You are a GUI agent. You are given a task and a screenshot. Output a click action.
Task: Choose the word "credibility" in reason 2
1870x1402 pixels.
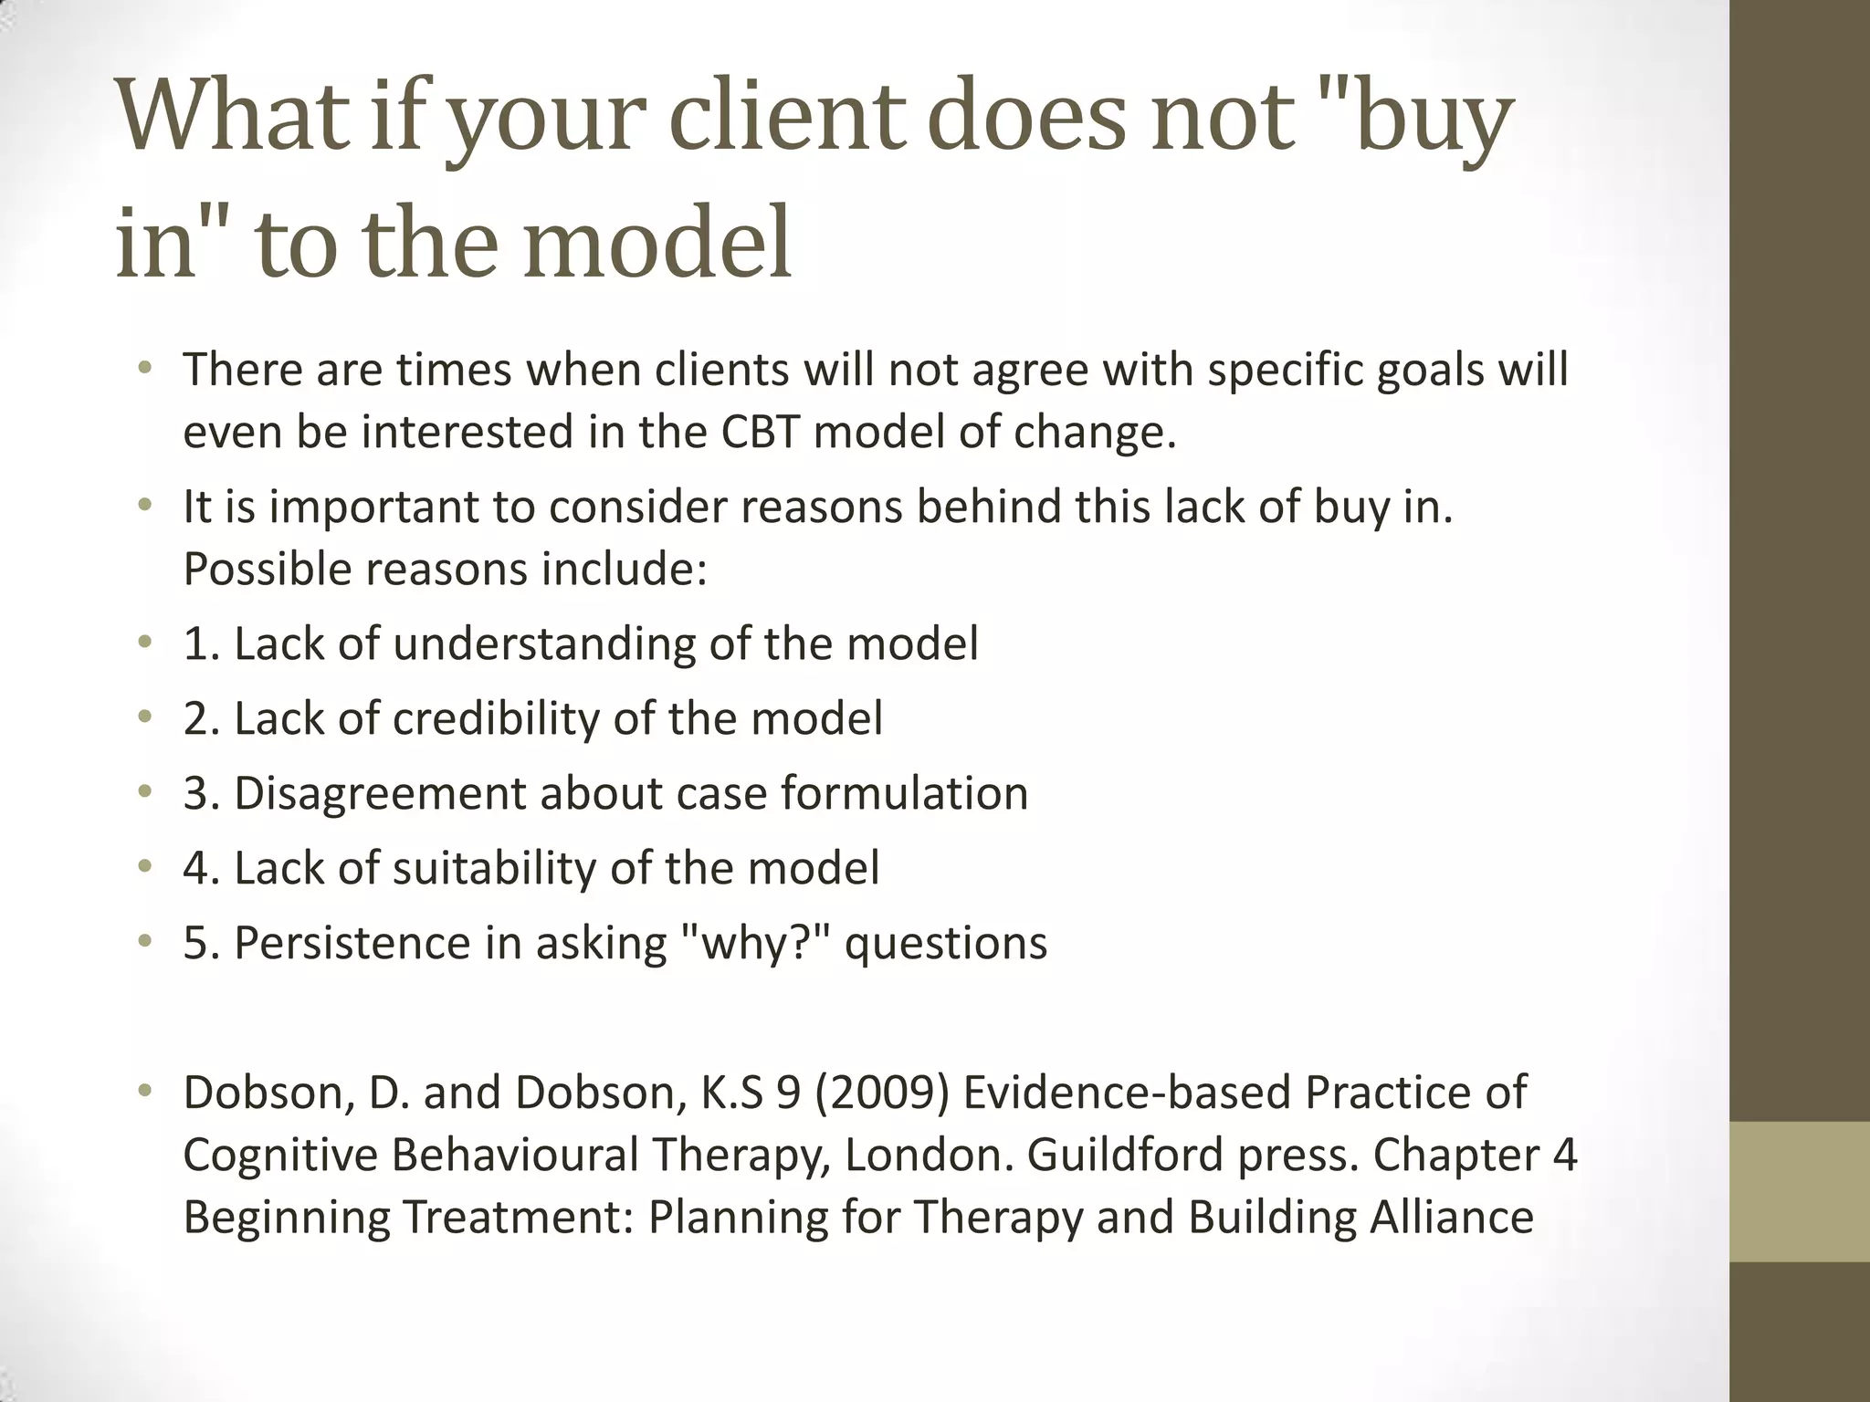point(495,718)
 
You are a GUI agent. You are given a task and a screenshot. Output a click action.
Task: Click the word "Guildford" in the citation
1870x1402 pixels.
point(1125,1155)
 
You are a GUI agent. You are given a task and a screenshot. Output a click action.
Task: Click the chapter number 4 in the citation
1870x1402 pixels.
point(1564,1155)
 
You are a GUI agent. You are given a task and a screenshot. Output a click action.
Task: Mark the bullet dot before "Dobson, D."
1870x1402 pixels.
point(143,1091)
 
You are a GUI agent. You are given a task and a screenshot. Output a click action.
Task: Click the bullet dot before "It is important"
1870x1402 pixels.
point(143,505)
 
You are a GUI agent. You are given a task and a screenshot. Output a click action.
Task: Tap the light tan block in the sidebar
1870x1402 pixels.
point(1799,1190)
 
